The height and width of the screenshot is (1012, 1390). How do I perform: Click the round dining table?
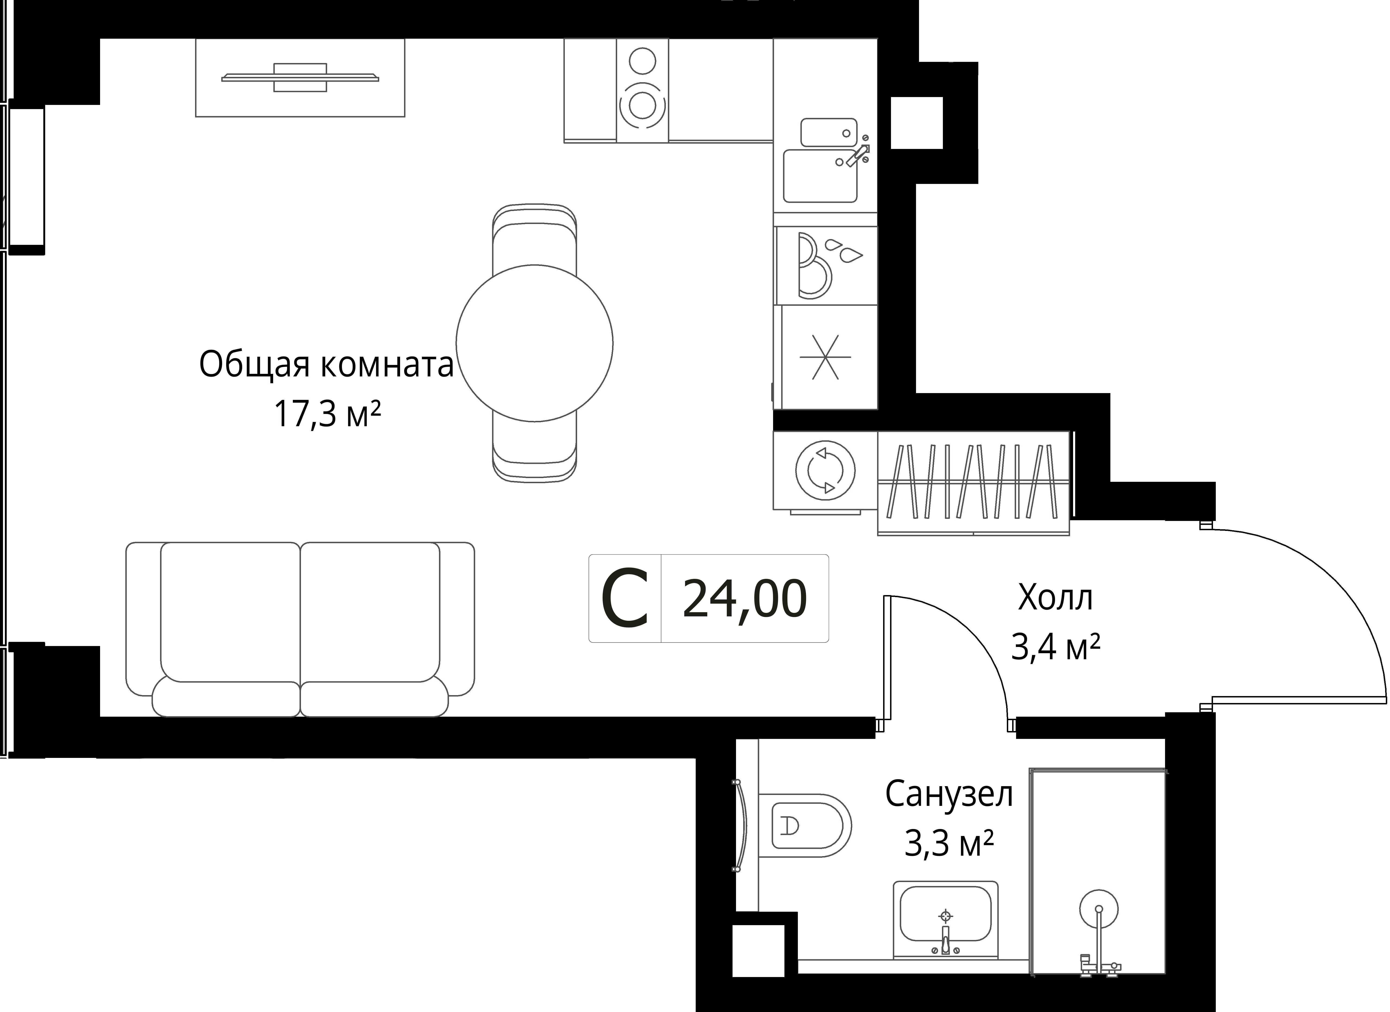(534, 343)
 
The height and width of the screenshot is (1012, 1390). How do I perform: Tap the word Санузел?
(949, 794)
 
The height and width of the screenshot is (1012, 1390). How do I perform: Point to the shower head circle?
(1098, 909)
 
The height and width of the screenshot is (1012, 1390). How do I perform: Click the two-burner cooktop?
(642, 91)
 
